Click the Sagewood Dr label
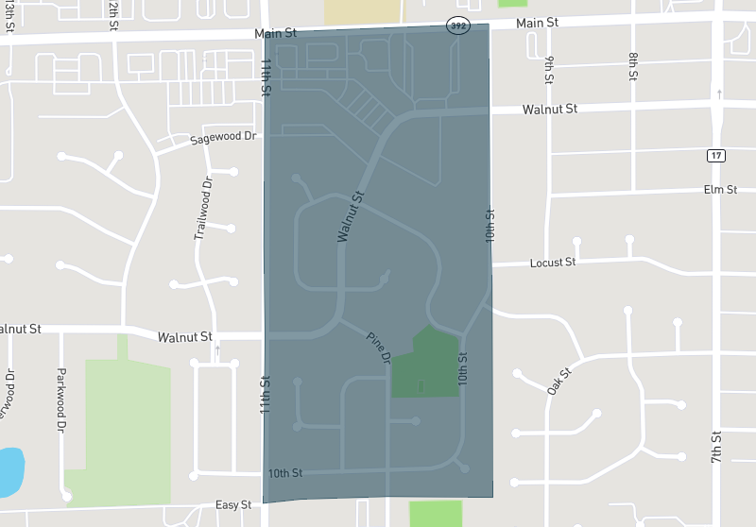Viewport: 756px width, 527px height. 223,137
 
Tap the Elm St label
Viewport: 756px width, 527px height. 720,190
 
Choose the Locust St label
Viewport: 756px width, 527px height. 553,262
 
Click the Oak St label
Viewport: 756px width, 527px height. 560,381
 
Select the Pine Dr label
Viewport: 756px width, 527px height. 379,348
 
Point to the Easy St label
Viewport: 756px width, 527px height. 233,505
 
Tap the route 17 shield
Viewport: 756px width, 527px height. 717,155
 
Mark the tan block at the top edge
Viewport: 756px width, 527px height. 362,12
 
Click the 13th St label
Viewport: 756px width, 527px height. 10,13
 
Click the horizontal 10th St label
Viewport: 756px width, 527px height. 283,472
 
